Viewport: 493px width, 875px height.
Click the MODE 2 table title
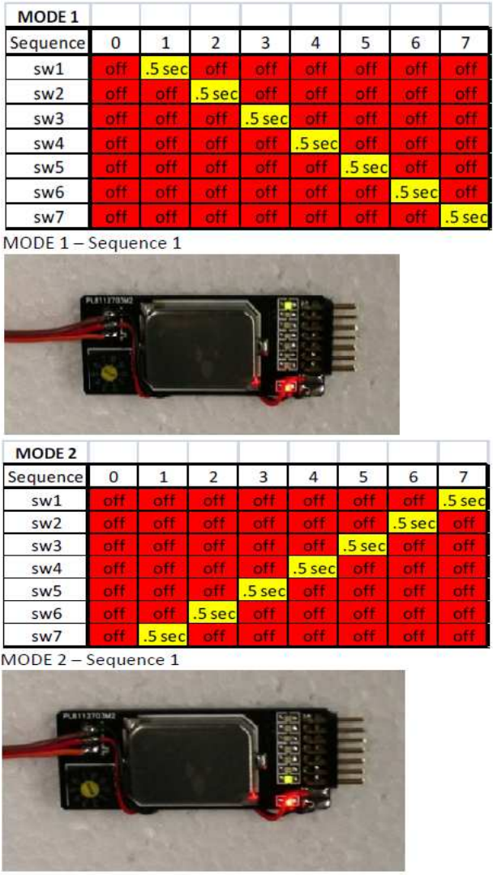pos(44,453)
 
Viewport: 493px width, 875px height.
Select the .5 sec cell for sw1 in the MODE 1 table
pos(165,69)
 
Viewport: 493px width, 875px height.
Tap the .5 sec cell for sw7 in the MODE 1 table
pos(465,217)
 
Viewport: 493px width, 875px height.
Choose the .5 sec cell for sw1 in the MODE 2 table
pos(463,500)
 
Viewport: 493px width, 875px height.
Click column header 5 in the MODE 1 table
pos(365,43)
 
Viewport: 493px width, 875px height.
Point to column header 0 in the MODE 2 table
pos(114,476)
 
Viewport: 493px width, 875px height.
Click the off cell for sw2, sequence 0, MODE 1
pos(115,94)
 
